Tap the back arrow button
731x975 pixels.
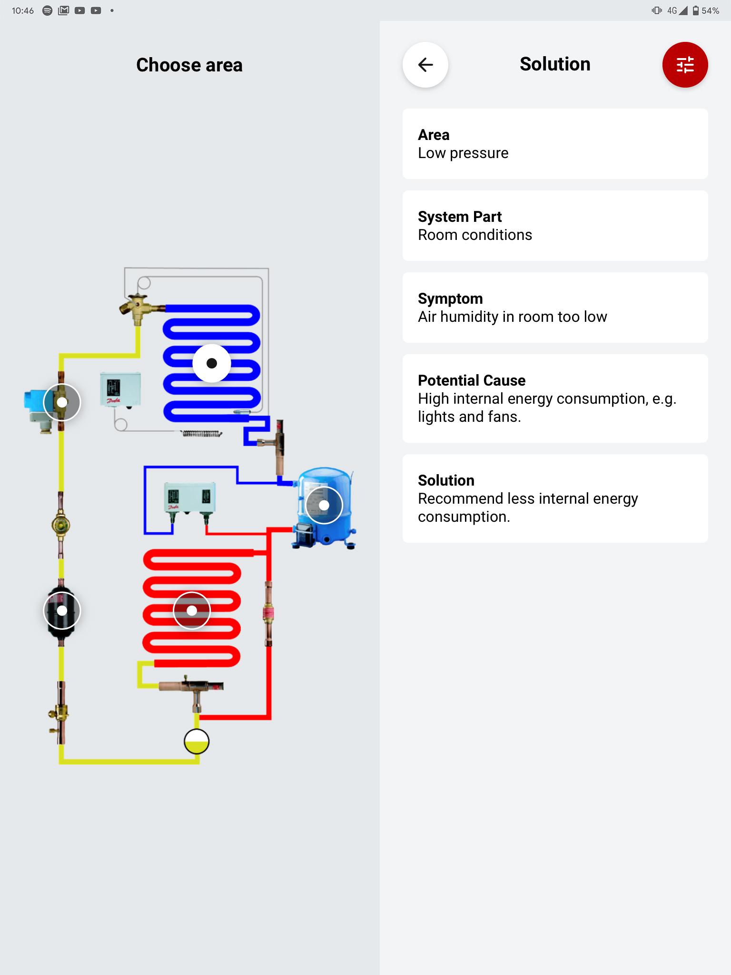pos(425,65)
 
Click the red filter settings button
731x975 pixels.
pos(685,65)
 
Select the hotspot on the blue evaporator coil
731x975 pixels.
pos(212,363)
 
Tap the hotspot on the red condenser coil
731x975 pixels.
pos(192,610)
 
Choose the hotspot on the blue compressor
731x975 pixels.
pos(324,505)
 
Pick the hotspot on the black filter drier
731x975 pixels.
pos(62,610)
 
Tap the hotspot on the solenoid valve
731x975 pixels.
pos(62,402)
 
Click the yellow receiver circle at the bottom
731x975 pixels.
pos(197,742)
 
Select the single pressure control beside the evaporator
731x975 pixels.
pos(120,389)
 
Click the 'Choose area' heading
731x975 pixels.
pos(189,65)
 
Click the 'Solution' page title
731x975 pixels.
pos(555,64)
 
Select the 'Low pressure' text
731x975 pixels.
pos(463,153)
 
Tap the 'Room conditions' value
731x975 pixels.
pos(475,235)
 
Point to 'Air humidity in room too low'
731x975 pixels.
pos(513,317)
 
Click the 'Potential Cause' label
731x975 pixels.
pos(472,380)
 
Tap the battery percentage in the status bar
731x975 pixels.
pos(710,10)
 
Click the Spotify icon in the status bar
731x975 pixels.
pos(47,10)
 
